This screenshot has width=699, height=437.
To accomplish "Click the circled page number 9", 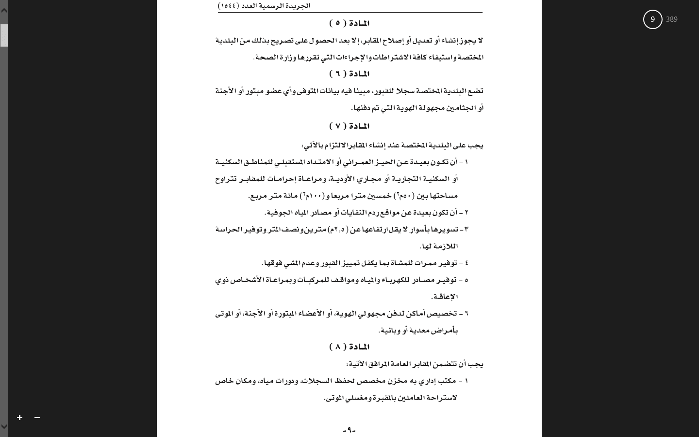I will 652,19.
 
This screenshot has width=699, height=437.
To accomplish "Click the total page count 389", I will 672,19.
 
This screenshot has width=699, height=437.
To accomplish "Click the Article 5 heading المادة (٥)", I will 349,23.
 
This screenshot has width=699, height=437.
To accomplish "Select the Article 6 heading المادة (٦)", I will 349,74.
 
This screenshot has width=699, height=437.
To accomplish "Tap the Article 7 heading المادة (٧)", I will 349,126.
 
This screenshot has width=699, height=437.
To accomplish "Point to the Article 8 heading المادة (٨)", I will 349,347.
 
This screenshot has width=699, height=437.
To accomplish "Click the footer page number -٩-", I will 349,430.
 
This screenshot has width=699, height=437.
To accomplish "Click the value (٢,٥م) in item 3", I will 338,229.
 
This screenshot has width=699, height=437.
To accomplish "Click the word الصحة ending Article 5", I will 266,57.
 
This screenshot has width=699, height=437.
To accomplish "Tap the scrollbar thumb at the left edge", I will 4,35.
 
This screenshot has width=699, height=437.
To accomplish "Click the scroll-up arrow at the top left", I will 4,10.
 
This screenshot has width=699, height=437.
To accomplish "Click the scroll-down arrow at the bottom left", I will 4,427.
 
